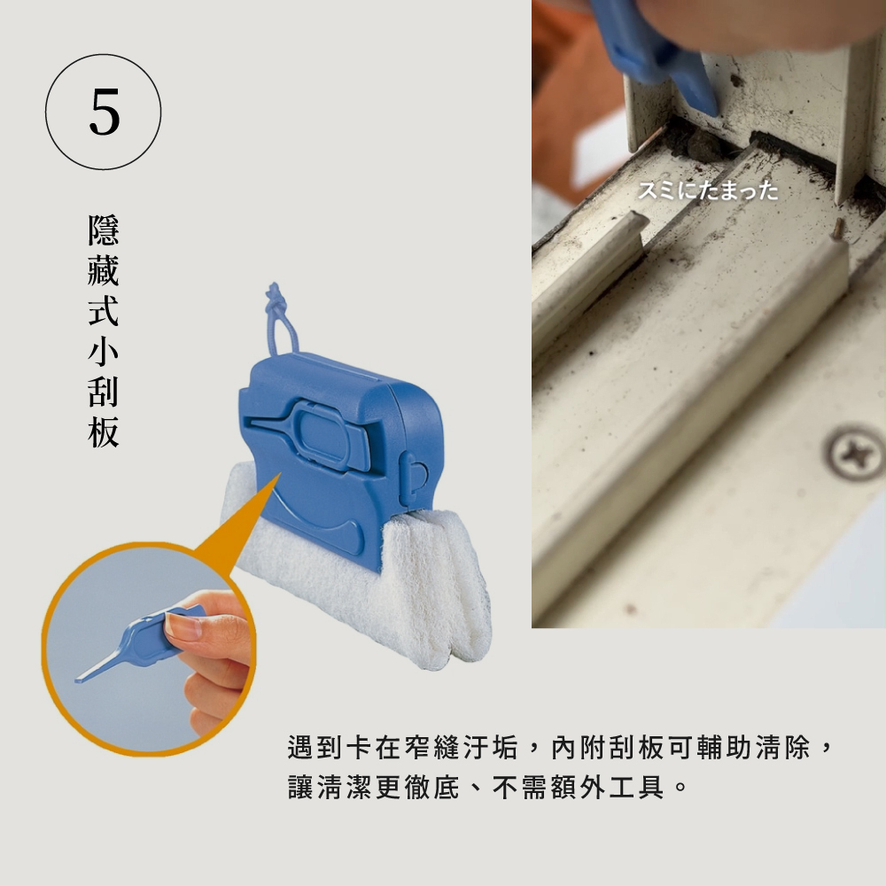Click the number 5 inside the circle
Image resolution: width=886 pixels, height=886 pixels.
105,112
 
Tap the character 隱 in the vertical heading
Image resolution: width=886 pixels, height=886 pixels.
104,230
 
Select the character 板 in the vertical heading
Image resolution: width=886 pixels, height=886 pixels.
104,433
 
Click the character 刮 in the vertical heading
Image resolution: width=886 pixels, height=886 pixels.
104,392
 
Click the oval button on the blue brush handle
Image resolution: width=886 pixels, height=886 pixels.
319,432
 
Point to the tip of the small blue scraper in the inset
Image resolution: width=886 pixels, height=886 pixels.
77,680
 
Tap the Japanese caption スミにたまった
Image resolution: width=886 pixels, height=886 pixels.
708,190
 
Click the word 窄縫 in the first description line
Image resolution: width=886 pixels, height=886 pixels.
433,747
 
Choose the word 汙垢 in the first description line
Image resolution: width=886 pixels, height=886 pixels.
491,747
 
